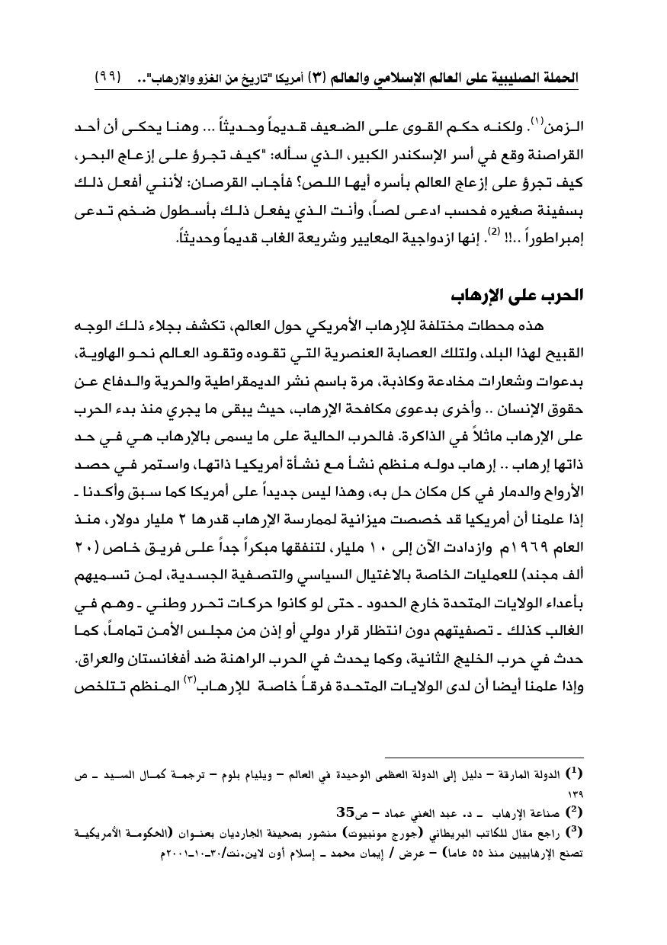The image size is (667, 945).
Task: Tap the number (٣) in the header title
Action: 317,78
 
